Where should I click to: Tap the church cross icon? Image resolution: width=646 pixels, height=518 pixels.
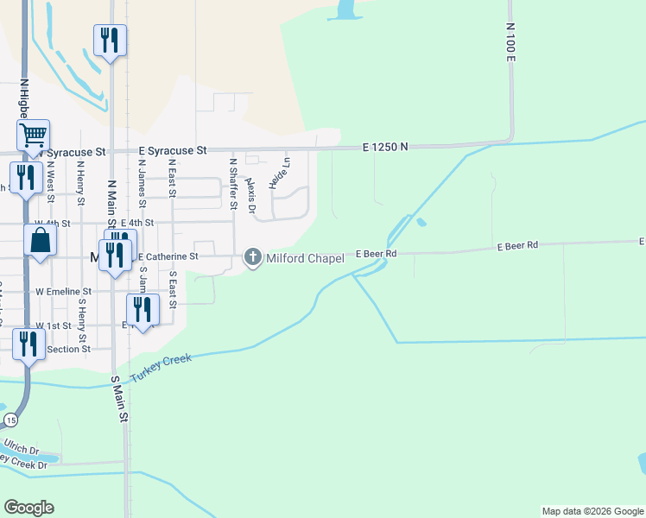tap(253, 256)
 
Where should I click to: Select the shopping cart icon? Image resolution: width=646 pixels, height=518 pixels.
tap(33, 135)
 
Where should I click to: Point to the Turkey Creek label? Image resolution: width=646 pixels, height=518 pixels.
tap(162, 369)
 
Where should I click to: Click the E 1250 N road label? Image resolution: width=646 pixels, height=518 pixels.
tap(384, 148)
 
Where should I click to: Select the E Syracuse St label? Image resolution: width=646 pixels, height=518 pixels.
tap(173, 150)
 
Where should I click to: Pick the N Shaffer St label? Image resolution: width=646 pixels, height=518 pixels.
tap(233, 183)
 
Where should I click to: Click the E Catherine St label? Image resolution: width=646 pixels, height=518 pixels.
tap(168, 256)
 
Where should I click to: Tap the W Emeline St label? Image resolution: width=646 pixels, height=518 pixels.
tap(64, 292)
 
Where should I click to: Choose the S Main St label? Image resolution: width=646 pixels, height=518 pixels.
tap(120, 399)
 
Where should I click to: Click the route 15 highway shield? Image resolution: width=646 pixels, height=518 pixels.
tap(10, 420)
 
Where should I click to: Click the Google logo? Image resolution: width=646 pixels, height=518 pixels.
tap(28, 508)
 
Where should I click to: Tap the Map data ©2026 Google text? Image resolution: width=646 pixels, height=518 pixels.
tap(592, 511)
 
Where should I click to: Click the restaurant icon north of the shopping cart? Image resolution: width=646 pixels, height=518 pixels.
tap(110, 40)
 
